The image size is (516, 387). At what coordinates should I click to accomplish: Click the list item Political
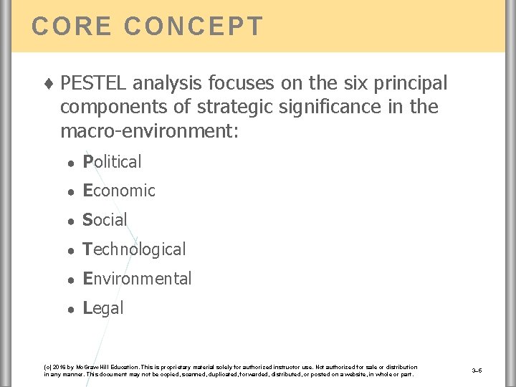(x=113, y=162)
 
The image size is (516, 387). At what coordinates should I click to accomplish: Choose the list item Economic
(x=119, y=191)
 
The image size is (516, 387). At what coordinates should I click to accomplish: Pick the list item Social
(x=105, y=220)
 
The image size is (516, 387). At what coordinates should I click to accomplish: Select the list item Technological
(x=134, y=249)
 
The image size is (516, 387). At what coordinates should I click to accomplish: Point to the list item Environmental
(x=137, y=279)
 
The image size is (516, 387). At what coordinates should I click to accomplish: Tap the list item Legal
(x=103, y=308)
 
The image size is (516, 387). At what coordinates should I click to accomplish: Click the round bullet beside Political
(x=71, y=163)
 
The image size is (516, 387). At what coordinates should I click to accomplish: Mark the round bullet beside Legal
(x=71, y=309)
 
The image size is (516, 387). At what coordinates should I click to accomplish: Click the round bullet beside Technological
(x=71, y=250)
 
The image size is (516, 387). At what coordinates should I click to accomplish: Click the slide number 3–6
(x=477, y=371)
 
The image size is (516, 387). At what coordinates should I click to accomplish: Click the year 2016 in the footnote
(x=59, y=367)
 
